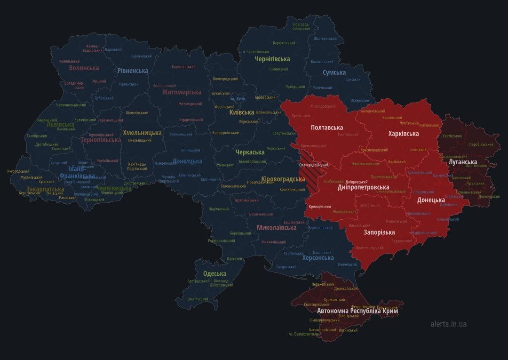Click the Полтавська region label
[x=327, y=128]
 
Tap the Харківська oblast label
[x=404, y=134]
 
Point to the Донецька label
[x=431, y=200]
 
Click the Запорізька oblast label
[x=379, y=232]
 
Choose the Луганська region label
[x=463, y=162]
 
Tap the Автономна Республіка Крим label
[x=357, y=312]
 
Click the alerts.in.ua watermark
[x=448, y=324]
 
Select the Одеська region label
[x=214, y=273]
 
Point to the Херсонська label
[x=318, y=258]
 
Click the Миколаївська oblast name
[x=277, y=228]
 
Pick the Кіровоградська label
[x=283, y=179]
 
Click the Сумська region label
[x=334, y=72]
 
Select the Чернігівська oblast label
[x=272, y=59]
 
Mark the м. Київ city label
[x=238, y=99]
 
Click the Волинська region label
[x=84, y=68]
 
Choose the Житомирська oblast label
[x=182, y=92]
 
